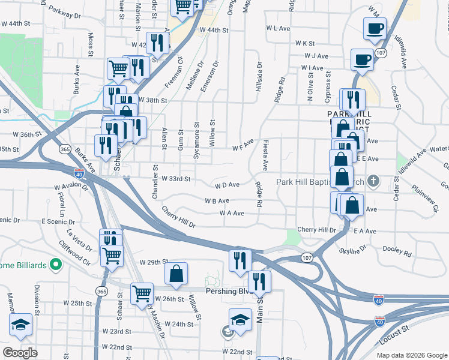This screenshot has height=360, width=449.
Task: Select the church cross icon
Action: pyautogui.click(x=373, y=180)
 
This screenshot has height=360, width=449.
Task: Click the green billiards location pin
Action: pyautogui.click(x=55, y=263)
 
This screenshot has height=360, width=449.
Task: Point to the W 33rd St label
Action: pyautogui.click(x=176, y=179)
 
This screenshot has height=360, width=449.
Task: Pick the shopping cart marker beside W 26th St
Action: pyautogui.click(x=142, y=293)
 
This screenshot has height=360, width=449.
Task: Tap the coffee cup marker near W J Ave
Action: pyautogui.click(x=362, y=59)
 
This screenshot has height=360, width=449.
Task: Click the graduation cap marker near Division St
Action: pyautogui.click(x=21, y=325)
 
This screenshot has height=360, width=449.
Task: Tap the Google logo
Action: pyautogui.click(x=20, y=353)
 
